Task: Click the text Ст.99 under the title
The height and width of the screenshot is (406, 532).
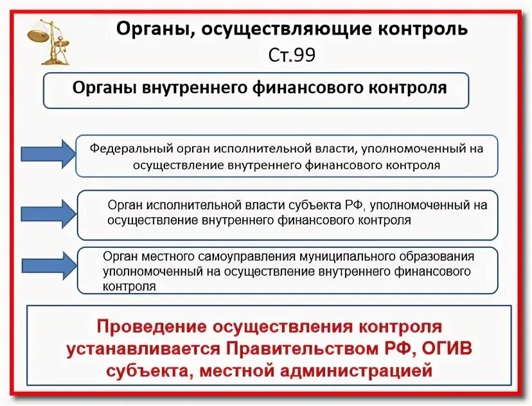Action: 292,55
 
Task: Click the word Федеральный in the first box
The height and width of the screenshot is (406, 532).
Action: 127,148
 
